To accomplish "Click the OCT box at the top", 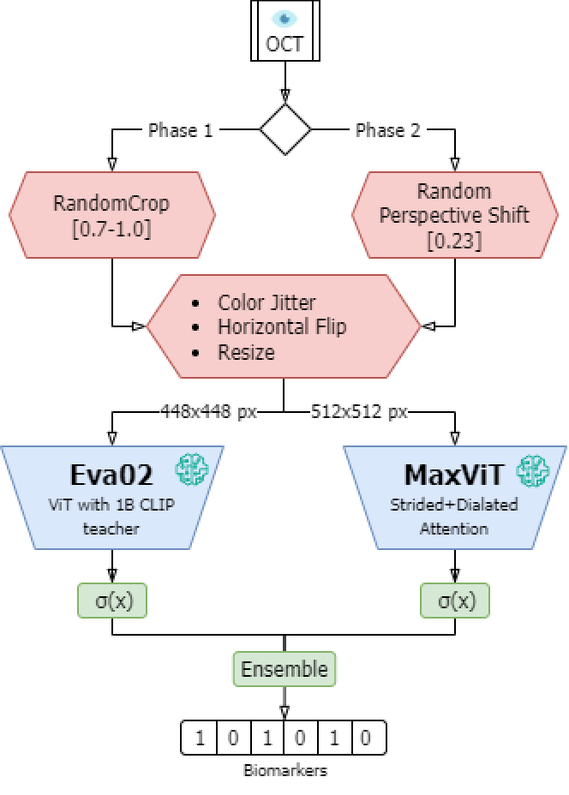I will point(284,33).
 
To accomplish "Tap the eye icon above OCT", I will point(284,18).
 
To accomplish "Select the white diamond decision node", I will point(284,129).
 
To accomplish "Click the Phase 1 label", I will point(180,130).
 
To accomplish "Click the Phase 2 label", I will point(388,130).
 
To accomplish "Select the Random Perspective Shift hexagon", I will point(454,214).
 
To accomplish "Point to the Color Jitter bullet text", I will point(267,302).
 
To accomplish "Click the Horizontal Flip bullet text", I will point(282,326).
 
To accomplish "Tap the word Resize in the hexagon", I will point(246,351).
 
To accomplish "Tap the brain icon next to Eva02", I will point(192,469).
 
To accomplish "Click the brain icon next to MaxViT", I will point(533,469).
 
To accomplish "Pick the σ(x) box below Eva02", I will point(112,601).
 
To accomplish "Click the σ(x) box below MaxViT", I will point(454,601).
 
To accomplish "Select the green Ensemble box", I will point(284,668).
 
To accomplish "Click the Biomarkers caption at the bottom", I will point(284,770).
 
